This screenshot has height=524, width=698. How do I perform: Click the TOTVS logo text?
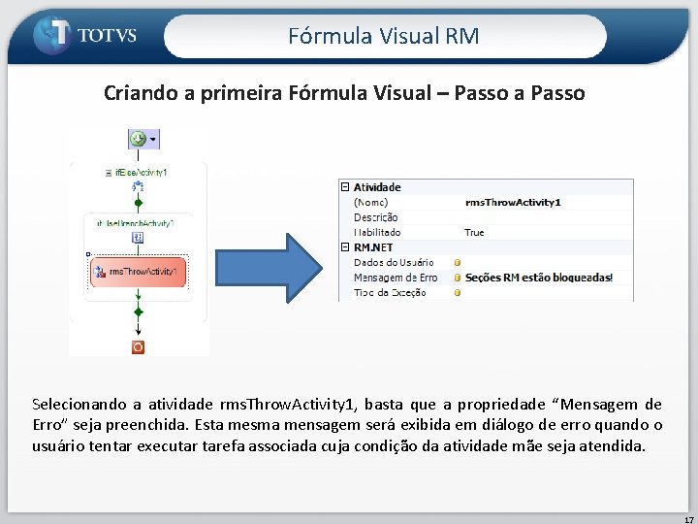click(107, 36)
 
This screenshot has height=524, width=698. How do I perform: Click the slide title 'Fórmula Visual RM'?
click(384, 37)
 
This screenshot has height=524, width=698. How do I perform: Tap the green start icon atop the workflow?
click(138, 139)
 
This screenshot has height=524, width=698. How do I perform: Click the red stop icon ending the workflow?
click(138, 346)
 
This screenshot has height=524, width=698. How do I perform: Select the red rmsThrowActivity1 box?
click(138, 272)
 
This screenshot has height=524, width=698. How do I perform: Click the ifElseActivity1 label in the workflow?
click(142, 172)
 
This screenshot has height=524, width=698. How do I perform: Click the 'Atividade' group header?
click(377, 187)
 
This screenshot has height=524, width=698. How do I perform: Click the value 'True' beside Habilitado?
click(474, 233)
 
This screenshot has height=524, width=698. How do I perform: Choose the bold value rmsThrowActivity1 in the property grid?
click(513, 202)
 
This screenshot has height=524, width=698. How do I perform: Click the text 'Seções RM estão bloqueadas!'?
click(538, 278)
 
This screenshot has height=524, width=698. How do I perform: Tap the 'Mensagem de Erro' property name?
click(396, 278)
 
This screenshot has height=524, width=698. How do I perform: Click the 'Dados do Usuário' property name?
click(394, 262)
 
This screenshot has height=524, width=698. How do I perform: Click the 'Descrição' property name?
click(375, 217)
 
